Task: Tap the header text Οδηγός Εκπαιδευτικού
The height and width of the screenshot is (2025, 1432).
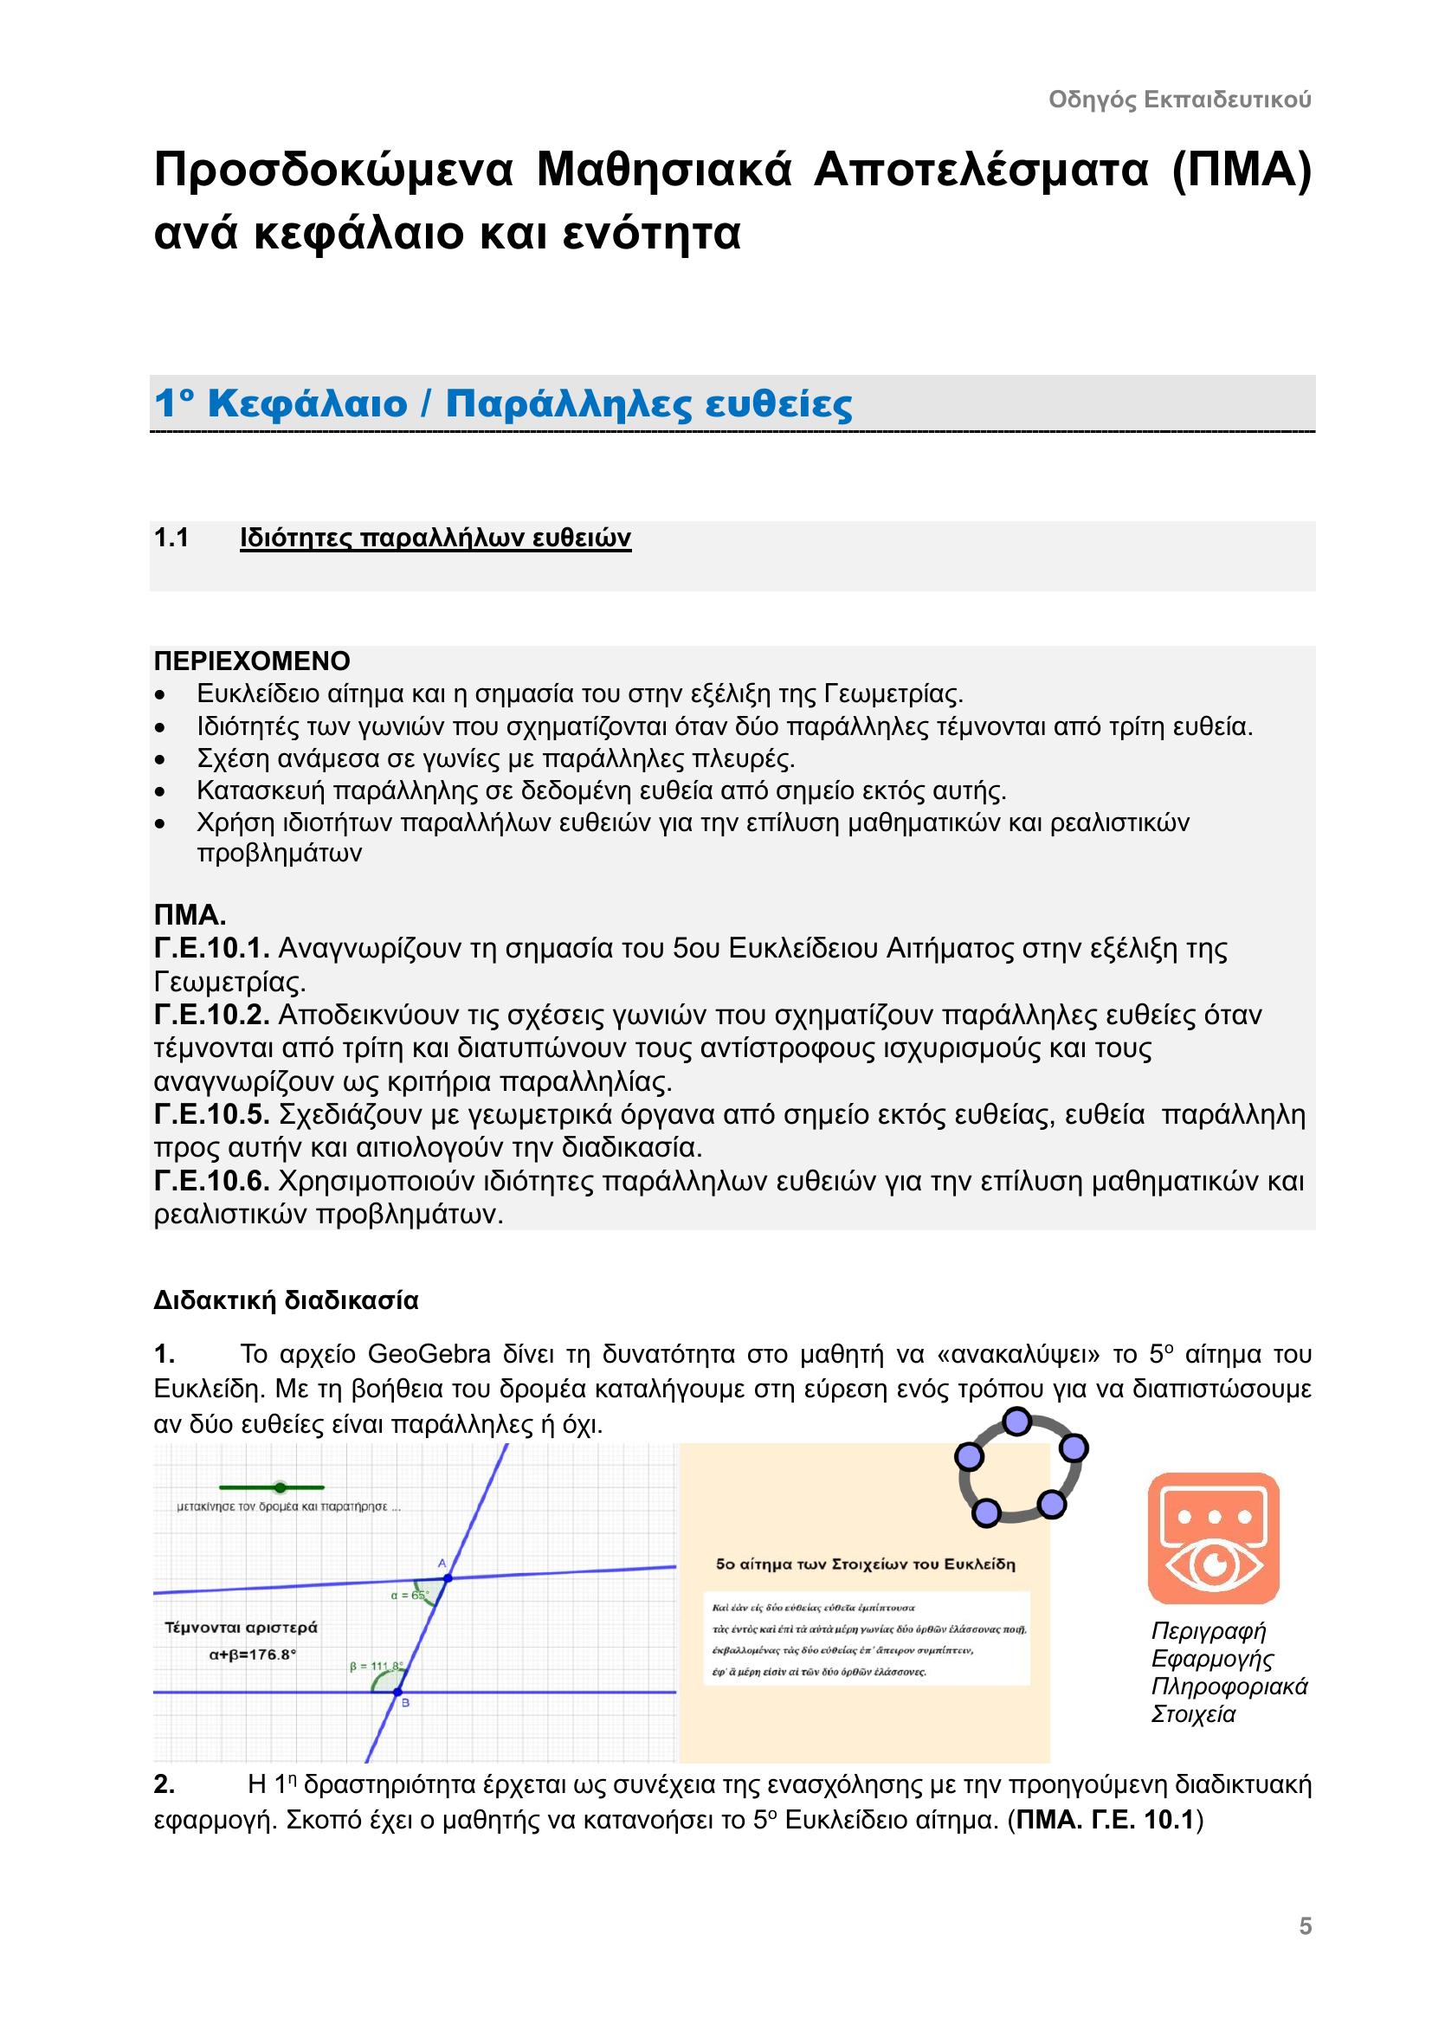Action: click(x=1180, y=100)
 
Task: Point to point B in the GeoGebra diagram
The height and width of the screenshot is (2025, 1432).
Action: click(x=397, y=1692)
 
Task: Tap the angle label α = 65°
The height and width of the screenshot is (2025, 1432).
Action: click(x=410, y=1595)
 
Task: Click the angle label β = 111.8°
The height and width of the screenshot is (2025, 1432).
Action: click(x=377, y=1666)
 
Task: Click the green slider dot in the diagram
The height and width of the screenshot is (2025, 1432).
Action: click(x=281, y=1488)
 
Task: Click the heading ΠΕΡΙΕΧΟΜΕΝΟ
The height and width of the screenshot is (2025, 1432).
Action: click(x=252, y=661)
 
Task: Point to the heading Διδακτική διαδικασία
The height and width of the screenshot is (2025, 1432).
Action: click(x=286, y=1300)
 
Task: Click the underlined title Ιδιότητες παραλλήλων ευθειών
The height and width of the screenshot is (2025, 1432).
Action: click(x=435, y=538)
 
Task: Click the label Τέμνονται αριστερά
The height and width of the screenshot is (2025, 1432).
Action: click(x=241, y=1628)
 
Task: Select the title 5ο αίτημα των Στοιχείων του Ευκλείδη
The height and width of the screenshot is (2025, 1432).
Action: click(x=865, y=1564)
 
